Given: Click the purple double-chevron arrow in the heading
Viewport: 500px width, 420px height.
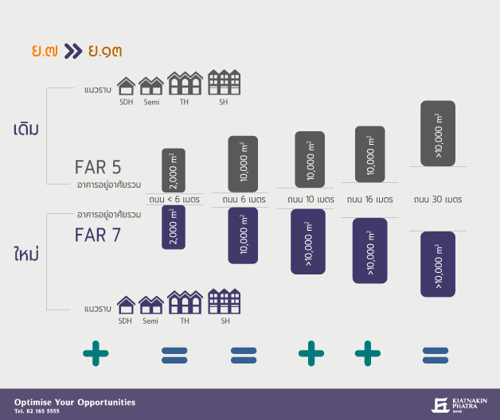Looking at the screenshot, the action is [x=73, y=51].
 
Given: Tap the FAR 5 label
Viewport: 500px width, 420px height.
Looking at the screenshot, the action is [x=98, y=167].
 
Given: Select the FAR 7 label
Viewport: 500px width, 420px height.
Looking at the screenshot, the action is [x=98, y=235].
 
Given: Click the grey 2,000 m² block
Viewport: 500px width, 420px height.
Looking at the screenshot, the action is [x=174, y=170].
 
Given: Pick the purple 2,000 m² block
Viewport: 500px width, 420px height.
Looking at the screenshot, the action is [x=174, y=227].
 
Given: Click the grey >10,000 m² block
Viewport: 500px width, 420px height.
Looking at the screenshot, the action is [x=438, y=134].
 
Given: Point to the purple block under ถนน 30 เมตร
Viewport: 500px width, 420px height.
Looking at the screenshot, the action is [x=438, y=264].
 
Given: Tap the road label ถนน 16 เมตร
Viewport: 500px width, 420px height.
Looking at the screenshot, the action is [x=370, y=200].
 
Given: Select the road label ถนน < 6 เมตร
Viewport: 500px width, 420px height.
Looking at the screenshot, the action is [x=174, y=200].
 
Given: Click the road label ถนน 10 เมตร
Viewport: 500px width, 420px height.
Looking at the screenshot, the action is [x=311, y=200].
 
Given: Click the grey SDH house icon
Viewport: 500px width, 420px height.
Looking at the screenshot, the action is [x=127, y=86].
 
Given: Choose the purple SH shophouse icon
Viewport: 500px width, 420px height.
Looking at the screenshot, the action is [x=225, y=301].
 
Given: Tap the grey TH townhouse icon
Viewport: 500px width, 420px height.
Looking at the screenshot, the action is [x=185, y=83].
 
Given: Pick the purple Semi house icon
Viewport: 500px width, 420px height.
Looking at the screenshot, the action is [x=151, y=305].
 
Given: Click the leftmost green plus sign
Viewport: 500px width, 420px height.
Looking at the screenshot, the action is [x=96, y=353].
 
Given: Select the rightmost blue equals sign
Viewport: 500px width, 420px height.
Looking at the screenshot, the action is [x=436, y=356].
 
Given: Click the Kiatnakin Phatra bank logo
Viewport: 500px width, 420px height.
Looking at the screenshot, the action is [x=459, y=405].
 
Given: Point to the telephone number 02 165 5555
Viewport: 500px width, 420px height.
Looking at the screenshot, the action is [x=43, y=411].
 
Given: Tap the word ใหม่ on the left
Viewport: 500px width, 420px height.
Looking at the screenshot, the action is [x=26, y=253].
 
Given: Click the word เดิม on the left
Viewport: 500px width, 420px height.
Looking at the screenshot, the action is [x=26, y=128].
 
